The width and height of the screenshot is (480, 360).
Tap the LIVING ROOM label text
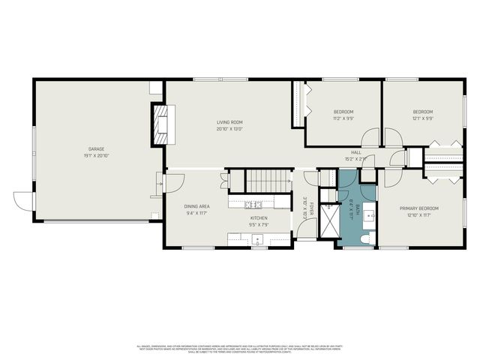coord(229,121)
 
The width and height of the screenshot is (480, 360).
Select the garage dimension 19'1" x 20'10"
coord(97,156)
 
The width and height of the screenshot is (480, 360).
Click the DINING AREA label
coord(196,206)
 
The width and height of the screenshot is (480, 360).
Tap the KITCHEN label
coord(259,217)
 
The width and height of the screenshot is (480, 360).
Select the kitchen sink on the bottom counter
coord(258,240)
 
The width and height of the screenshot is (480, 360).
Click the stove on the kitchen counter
coord(253,203)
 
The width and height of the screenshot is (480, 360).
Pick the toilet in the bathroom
coord(365,238)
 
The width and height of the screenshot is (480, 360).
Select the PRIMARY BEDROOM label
coord(418,208)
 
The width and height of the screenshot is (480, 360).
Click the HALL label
coord(355,152)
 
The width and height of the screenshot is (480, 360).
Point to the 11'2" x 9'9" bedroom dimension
coord(343,118)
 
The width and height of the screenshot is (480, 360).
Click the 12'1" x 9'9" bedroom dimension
coord(422,118)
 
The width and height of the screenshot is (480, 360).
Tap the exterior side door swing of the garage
coord(23,201)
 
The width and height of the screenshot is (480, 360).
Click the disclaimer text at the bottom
coord(239,349)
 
